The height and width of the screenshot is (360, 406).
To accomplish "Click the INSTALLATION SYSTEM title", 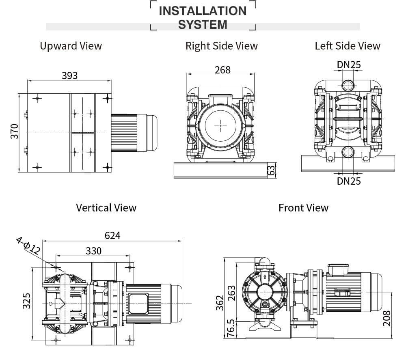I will (x=203, y=17).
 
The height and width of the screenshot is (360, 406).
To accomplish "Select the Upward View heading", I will (x=71, y=46).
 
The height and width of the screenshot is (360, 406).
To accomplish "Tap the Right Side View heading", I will (x=221, y=46).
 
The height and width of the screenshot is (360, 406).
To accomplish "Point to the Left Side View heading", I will (x=348, y=46).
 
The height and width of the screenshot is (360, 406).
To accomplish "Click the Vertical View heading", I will (x=106, y=208).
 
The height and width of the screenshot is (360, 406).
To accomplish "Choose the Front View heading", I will (x=303, y=208).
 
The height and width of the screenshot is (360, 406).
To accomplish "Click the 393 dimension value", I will (x=69, y=75).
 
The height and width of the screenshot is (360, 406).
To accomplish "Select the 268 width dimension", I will (x=222, y=70).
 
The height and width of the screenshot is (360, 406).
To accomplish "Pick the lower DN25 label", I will (x=349, y=181).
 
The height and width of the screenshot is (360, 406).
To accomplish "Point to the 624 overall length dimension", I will (x=112, y=235).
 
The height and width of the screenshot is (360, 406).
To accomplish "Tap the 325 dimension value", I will (x=26, y=301).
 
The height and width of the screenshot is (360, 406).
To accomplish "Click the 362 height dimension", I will (x=219, y=303).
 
